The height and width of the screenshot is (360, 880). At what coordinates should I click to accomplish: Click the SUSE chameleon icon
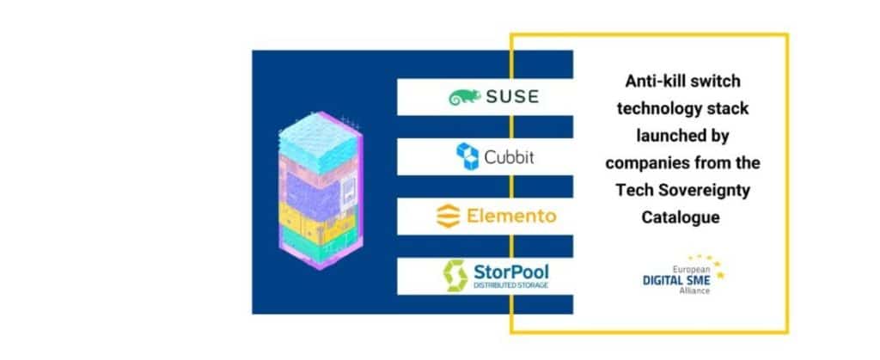[464, 97]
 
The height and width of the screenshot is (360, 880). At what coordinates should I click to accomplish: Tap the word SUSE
[510, 96]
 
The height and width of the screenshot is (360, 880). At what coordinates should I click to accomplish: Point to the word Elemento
[511, 215]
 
